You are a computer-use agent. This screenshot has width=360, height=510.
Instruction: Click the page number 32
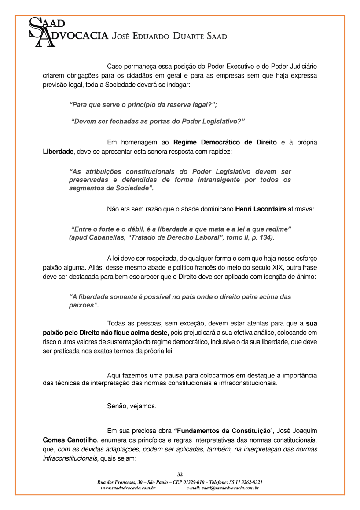[180, 474]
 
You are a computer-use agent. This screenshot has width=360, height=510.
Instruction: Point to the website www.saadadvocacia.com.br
[128, 488]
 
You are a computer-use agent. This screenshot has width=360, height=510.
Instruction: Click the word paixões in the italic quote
[82, 305]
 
